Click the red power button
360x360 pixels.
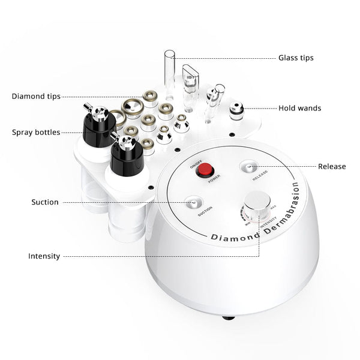tap(207, 169)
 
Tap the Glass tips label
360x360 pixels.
tap(296, 58)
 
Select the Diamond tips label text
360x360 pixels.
tap(36, 96)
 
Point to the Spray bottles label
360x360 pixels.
tap(36, 132)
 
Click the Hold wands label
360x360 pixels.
tap(300, 109)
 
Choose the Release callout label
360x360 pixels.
tap(332, 166)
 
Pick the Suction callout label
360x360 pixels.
tap(45, 202)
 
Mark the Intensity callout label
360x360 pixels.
tap(44, 256)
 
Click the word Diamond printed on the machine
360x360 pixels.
tap(234, 237)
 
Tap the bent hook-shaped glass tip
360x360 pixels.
tap(191, 84)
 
